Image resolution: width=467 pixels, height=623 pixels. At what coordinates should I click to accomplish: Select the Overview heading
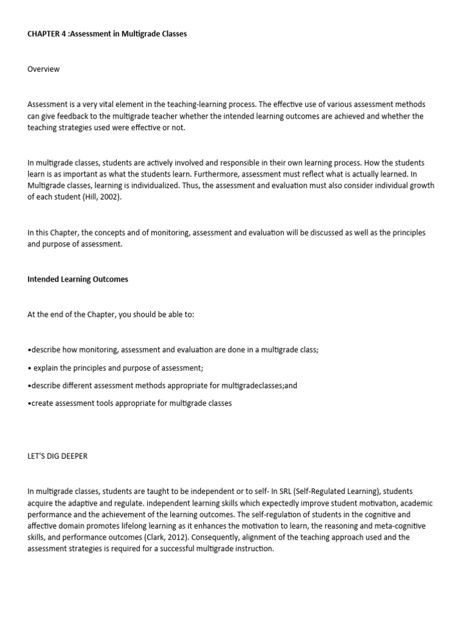tap(43, 69)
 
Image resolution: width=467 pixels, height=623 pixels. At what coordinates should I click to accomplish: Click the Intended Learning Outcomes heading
tap(78, 280)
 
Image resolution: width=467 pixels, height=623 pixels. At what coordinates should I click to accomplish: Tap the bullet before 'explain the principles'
tap(29, 368)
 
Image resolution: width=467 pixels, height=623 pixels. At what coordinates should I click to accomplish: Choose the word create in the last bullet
tap(42, 403)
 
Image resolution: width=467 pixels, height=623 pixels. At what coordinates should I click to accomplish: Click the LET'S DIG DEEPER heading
tap(57, 456)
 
